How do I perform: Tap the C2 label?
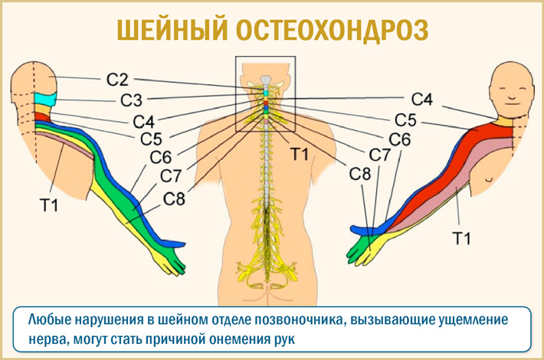117,78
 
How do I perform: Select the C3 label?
129,100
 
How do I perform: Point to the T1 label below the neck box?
299,154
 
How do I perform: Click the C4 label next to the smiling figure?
421,99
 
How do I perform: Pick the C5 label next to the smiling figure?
405,119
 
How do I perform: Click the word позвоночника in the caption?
290,319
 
